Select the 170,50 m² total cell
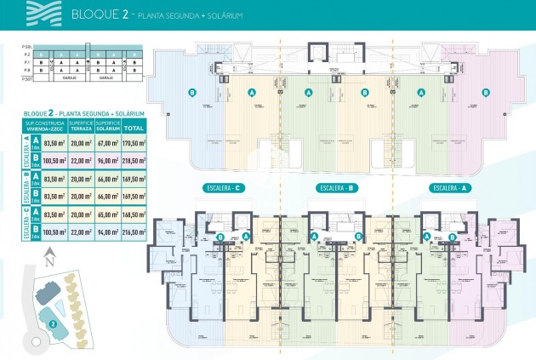(133, 144)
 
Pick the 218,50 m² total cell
(133, 161)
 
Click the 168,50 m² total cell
(133, 214)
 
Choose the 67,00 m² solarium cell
(107, 144)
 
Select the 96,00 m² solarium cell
(107, 161)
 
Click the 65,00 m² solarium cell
(107, 214)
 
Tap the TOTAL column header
(133, 127)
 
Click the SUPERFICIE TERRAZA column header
(82, 126)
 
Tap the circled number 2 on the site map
(53, 323)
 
